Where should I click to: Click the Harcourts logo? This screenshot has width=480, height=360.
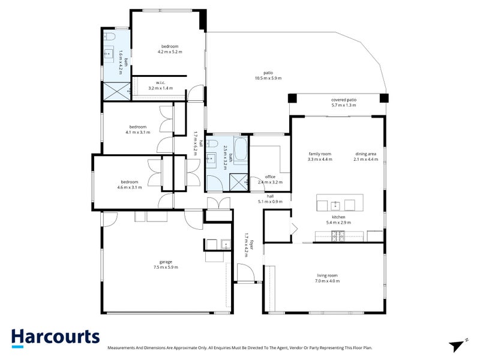coord(55,338)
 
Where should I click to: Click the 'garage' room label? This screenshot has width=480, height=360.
coord(166,262)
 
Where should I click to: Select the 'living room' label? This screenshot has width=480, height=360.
coord(327,275)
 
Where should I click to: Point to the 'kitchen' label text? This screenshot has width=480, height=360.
coord(338,217)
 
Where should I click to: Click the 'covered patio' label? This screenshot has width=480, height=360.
coord(344,100)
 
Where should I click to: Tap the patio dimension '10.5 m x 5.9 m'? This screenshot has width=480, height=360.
coord(268,79)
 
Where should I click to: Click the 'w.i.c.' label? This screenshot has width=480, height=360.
coord(160,83)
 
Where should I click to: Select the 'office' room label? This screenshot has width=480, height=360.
coord(270,176)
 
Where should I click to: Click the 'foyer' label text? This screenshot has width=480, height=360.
coord(251,245)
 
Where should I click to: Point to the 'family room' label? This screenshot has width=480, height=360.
coord(320,154)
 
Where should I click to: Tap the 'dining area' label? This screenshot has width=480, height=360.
coord(366,154)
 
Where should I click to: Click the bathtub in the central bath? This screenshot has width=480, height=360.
coord(241,149)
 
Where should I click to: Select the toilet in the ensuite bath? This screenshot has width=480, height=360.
coord(109,37)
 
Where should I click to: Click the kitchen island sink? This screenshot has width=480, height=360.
coord(335,205)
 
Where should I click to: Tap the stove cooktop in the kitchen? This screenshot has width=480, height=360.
coord(338,236)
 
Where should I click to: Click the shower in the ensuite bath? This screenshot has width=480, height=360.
coord(116,91)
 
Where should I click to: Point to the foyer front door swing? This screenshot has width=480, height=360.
coord(247,273)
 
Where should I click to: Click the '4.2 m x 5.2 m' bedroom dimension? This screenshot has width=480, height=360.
coord(170,52)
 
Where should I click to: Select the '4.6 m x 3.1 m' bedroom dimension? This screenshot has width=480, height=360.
coord(130,187)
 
